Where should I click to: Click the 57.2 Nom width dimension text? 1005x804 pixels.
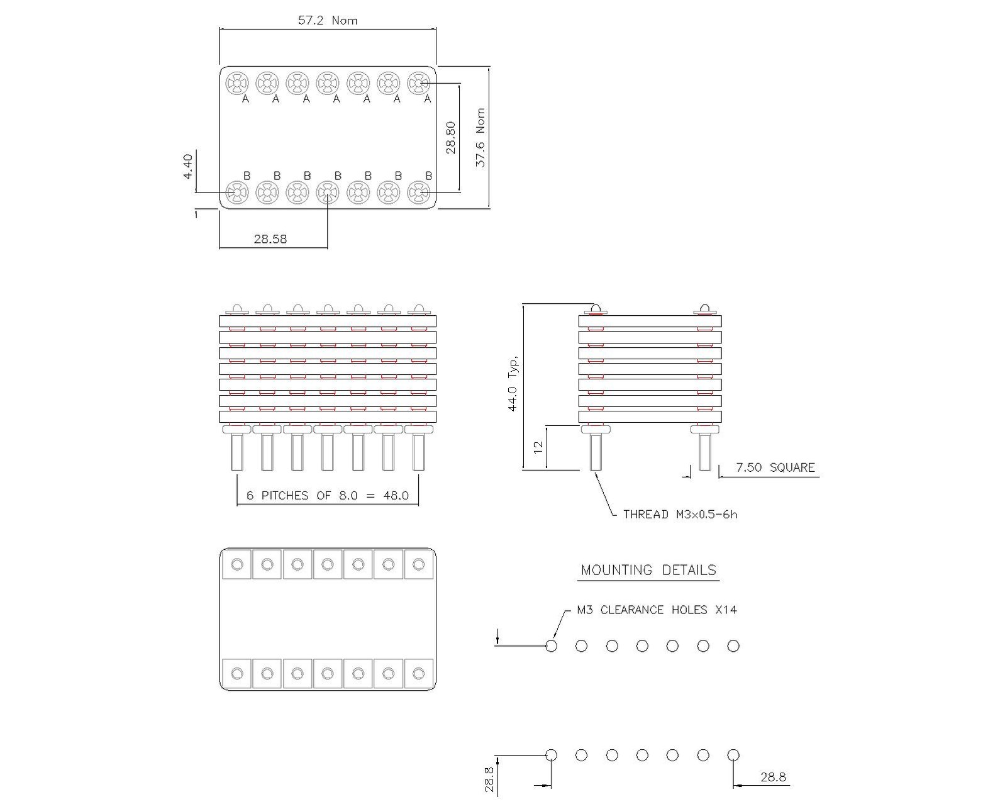point(327,20)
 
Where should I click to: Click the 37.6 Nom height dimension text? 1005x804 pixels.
point(480,137)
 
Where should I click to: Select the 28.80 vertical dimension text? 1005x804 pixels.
point(450,137)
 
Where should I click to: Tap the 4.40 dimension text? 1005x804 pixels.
point(188,167)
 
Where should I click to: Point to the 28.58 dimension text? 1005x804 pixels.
point(270,239)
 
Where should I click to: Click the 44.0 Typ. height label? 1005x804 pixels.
point(514,384)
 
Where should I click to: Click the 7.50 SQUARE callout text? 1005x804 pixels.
point(775,467)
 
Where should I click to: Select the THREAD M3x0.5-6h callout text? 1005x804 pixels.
point(680,515)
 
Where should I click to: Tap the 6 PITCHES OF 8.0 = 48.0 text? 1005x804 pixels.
point(327,496)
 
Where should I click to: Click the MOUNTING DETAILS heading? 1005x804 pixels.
point(648,570)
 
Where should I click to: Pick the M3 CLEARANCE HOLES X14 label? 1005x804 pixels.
point(657,610)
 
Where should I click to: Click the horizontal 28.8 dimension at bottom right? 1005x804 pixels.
point(773,777)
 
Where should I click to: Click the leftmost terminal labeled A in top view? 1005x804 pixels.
point(237,83)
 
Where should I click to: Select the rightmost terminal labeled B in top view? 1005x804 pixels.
point(418,193)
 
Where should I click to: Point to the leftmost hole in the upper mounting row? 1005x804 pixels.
point(552,646)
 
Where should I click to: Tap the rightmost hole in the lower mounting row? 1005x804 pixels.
point(733,755)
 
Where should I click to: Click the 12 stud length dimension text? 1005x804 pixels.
point(538,447)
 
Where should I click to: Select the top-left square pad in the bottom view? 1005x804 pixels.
point(237,564)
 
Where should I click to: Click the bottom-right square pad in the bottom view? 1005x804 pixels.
point(418,674)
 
